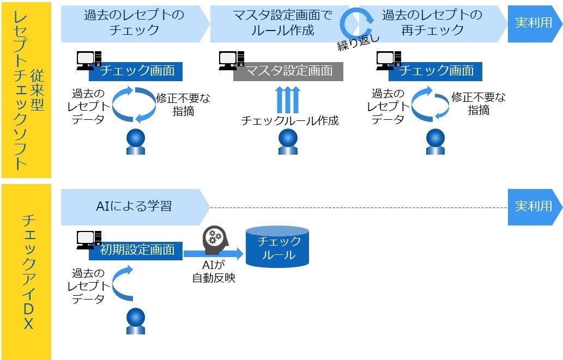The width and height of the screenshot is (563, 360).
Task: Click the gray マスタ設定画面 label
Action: point(288,71)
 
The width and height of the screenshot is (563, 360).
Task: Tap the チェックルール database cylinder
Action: point(277,247)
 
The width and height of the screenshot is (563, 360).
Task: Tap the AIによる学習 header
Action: point(134,206)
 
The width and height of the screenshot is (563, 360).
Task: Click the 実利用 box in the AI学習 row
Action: point(534,206)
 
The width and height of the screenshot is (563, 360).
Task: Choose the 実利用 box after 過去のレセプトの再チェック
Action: point(534,23)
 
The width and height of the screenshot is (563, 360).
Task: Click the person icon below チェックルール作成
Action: point(287,141)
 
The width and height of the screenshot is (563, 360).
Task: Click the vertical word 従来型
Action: point(37,90)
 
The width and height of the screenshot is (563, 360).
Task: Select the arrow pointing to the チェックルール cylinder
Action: point(213,254)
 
